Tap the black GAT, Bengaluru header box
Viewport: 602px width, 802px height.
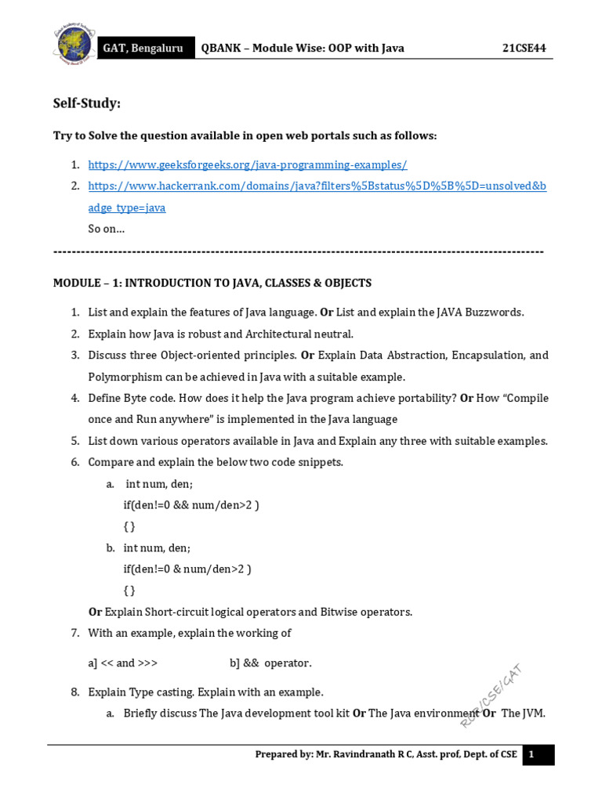143,49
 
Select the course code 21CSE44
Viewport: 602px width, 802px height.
524,49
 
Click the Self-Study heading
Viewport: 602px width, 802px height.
87,104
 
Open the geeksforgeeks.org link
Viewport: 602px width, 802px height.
248,165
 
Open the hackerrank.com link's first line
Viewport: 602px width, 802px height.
317,186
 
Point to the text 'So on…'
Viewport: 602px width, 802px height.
106,229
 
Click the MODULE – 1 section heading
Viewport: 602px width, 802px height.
212,283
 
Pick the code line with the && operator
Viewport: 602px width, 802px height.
191,505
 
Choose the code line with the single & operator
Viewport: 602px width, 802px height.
187,569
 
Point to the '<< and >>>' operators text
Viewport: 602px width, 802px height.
123,663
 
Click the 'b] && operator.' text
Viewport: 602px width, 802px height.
270,663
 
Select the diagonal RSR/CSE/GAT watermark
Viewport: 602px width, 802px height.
491,695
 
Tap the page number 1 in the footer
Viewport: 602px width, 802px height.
531,754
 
